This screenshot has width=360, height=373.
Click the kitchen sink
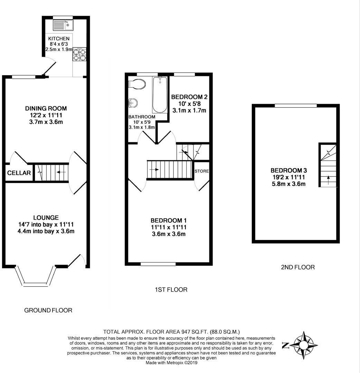pos(63,25)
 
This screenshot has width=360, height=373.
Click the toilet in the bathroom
pos(137,84)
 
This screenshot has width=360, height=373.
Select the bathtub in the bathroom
pos(160,95)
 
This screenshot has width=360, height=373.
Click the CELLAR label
pos(19,173)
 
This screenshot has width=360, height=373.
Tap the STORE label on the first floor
pos(201,171)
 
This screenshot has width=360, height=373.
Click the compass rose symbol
pos(304,345)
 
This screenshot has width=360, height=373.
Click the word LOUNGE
pos(46,218)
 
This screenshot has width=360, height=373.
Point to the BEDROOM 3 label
pos(288,170)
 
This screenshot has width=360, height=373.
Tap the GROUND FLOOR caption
pos(48,310)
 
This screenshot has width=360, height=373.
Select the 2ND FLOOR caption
pos(298,267)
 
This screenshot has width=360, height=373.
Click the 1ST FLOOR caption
pos(171,289)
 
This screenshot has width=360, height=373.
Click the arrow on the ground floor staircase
pos(61,172)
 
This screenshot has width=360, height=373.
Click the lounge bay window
pos(36,276)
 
